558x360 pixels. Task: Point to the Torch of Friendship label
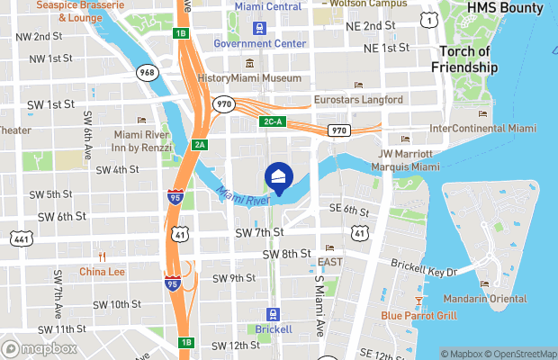464,58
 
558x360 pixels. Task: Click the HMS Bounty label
505,9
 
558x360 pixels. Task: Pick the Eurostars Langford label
355,100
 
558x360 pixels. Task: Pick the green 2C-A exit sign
273,121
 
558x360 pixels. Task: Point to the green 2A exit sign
200,145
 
